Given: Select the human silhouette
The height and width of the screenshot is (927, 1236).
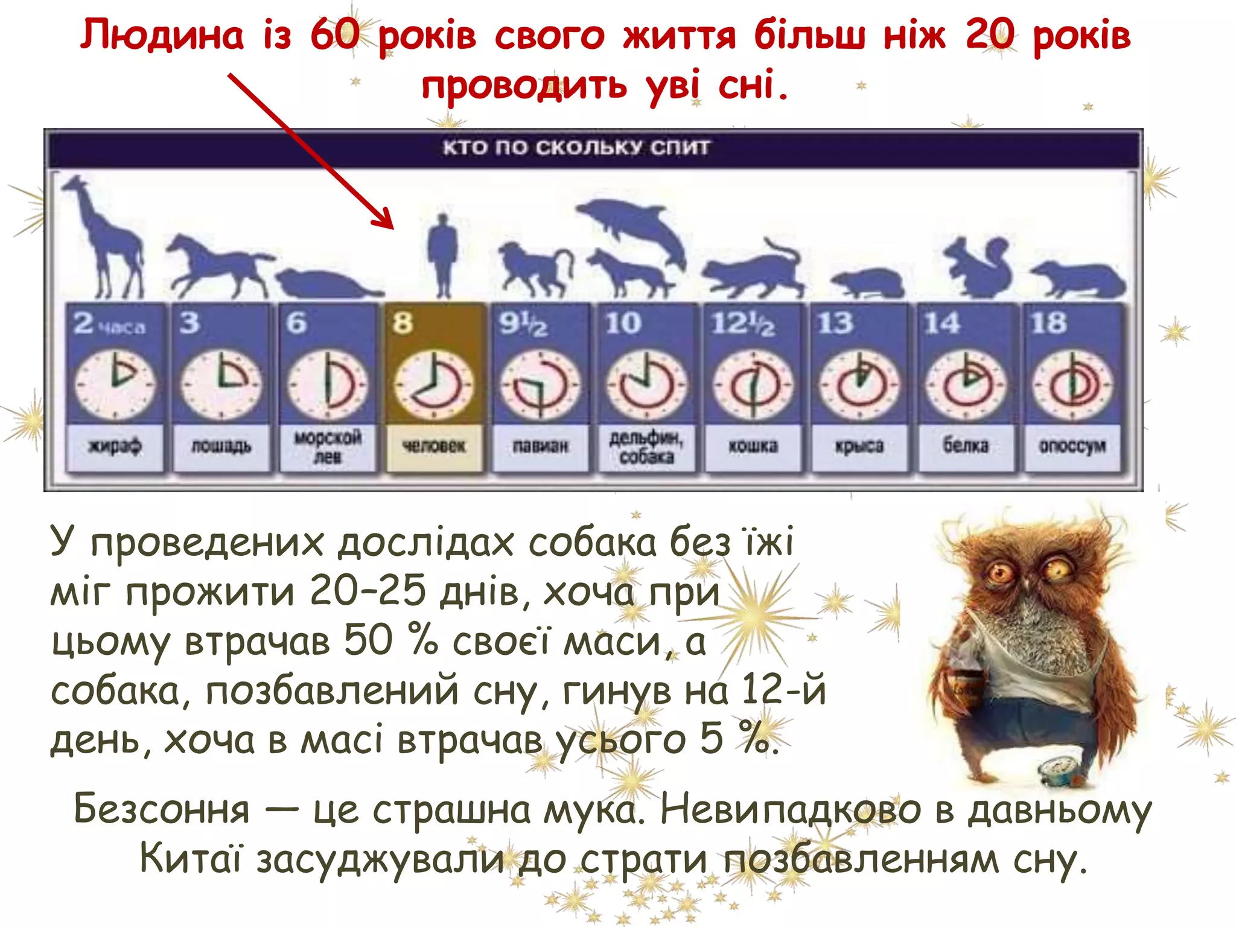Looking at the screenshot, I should [443, 253].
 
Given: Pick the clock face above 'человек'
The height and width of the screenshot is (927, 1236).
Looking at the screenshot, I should [433, 385].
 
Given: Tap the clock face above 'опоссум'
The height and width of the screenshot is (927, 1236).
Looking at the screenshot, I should [1072, 385].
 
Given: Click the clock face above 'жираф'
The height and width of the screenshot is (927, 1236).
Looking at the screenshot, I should [115, 385].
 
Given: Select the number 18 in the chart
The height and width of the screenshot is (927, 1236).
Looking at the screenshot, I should [1048, 323].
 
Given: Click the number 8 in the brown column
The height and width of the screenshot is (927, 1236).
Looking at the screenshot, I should [403, 323].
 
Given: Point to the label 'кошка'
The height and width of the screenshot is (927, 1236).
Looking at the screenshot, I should [753, 447].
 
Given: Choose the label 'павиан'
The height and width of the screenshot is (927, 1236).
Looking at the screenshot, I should [540, 447].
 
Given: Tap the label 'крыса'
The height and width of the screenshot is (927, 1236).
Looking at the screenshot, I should [859, 447].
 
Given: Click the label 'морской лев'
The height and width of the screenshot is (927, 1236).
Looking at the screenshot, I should [327, 447].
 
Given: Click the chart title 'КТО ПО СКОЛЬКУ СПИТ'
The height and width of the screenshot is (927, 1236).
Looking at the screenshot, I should [576, 148].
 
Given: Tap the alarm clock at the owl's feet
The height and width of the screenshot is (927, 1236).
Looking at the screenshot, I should [1059, 772].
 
